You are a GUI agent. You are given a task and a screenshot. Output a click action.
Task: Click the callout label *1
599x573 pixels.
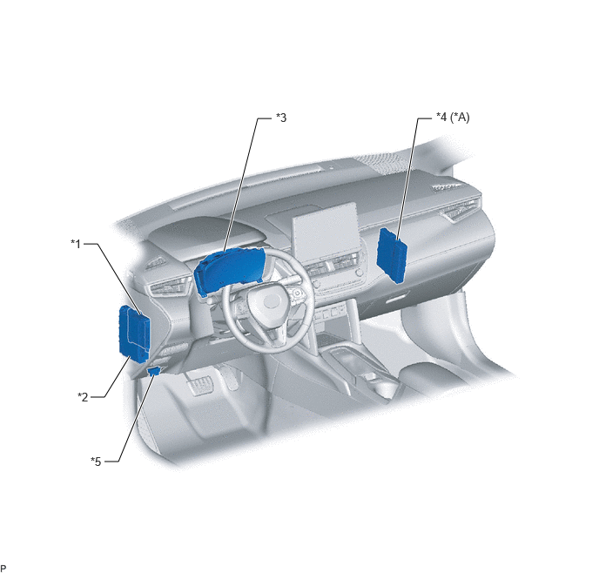coord(76,244)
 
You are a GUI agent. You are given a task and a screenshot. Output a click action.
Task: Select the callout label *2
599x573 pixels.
coord(83,397)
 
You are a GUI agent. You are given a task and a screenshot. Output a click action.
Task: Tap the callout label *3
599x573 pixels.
coord(281,118)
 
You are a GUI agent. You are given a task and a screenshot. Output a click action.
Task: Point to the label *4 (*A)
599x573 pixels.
coord(453,117)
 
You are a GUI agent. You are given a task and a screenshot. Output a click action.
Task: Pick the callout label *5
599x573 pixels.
coord(96,462)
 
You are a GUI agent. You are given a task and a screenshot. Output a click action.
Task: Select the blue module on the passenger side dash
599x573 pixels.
coord(392,255)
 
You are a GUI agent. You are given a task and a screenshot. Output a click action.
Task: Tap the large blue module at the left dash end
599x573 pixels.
coord(134,334)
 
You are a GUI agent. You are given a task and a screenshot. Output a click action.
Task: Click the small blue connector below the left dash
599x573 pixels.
coord(154,371)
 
